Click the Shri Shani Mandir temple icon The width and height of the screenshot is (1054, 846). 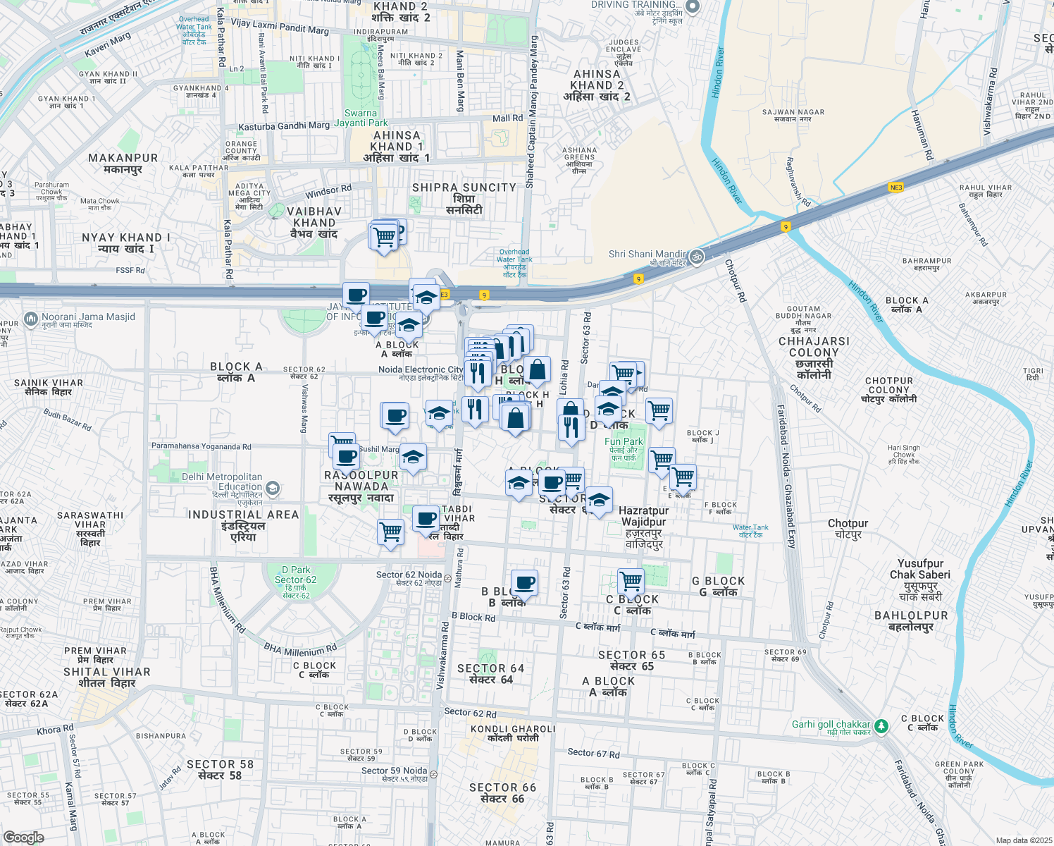click(x=697, y=256)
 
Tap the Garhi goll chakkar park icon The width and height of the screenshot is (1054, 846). click(x=881, y=725)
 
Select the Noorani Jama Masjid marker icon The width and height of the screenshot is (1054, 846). click(x=30, y=319)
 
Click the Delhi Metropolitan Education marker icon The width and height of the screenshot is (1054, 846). click(x=273, y=488)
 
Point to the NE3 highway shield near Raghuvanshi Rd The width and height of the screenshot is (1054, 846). click(x=895, y=188)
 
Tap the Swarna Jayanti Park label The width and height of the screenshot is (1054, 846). click(x=361, y=118)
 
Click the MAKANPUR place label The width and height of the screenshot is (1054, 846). click(x=123, y=164)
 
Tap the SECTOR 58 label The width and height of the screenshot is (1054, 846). click(x=220, y=769)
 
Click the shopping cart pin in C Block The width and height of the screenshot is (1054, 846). click(x=631, y=582)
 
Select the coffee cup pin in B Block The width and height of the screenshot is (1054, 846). click(x=524, y=583)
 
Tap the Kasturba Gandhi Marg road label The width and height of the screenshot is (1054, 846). click(x=284, y=126)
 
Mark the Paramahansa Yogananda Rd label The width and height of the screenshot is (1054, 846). click(x=201, y=446)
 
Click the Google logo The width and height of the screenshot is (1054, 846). click(x=23, y=838)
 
